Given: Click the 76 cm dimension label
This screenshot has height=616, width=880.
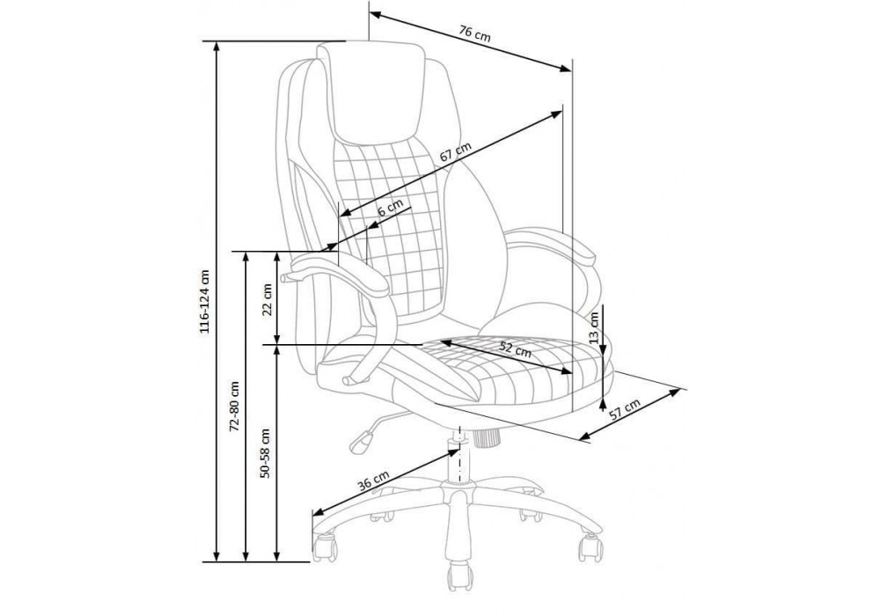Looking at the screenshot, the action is pyautogui.click(x=475, y=33).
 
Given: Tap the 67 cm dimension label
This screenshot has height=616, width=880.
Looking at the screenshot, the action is pyautogui.click(x=455, y=152).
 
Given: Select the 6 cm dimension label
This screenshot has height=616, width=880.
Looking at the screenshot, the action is pyautogui.click(x=390, y=209).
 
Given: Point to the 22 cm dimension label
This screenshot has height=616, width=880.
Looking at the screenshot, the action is pyautogui.click(x=268, y=299).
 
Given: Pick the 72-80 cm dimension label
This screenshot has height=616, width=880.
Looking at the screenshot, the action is pyautogui.click(x=235, y=407).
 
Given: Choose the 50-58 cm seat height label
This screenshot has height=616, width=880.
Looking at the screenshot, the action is pyautogui.click(x=265, y=453).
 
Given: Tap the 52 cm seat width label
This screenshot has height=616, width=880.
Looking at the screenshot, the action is pyautogui.click(x=515, y=349).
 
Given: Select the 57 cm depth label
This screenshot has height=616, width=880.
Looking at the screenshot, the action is pyautogui.click(x=625, y=410).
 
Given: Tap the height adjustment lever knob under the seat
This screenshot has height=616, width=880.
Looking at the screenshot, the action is pyautogui.click(x=360, y=439).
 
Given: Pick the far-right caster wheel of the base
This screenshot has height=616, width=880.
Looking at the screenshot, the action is pyautogui.click(x=590, y=546).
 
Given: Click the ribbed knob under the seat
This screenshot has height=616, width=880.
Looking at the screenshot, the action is pyautogui.click(x=486, y=436).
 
